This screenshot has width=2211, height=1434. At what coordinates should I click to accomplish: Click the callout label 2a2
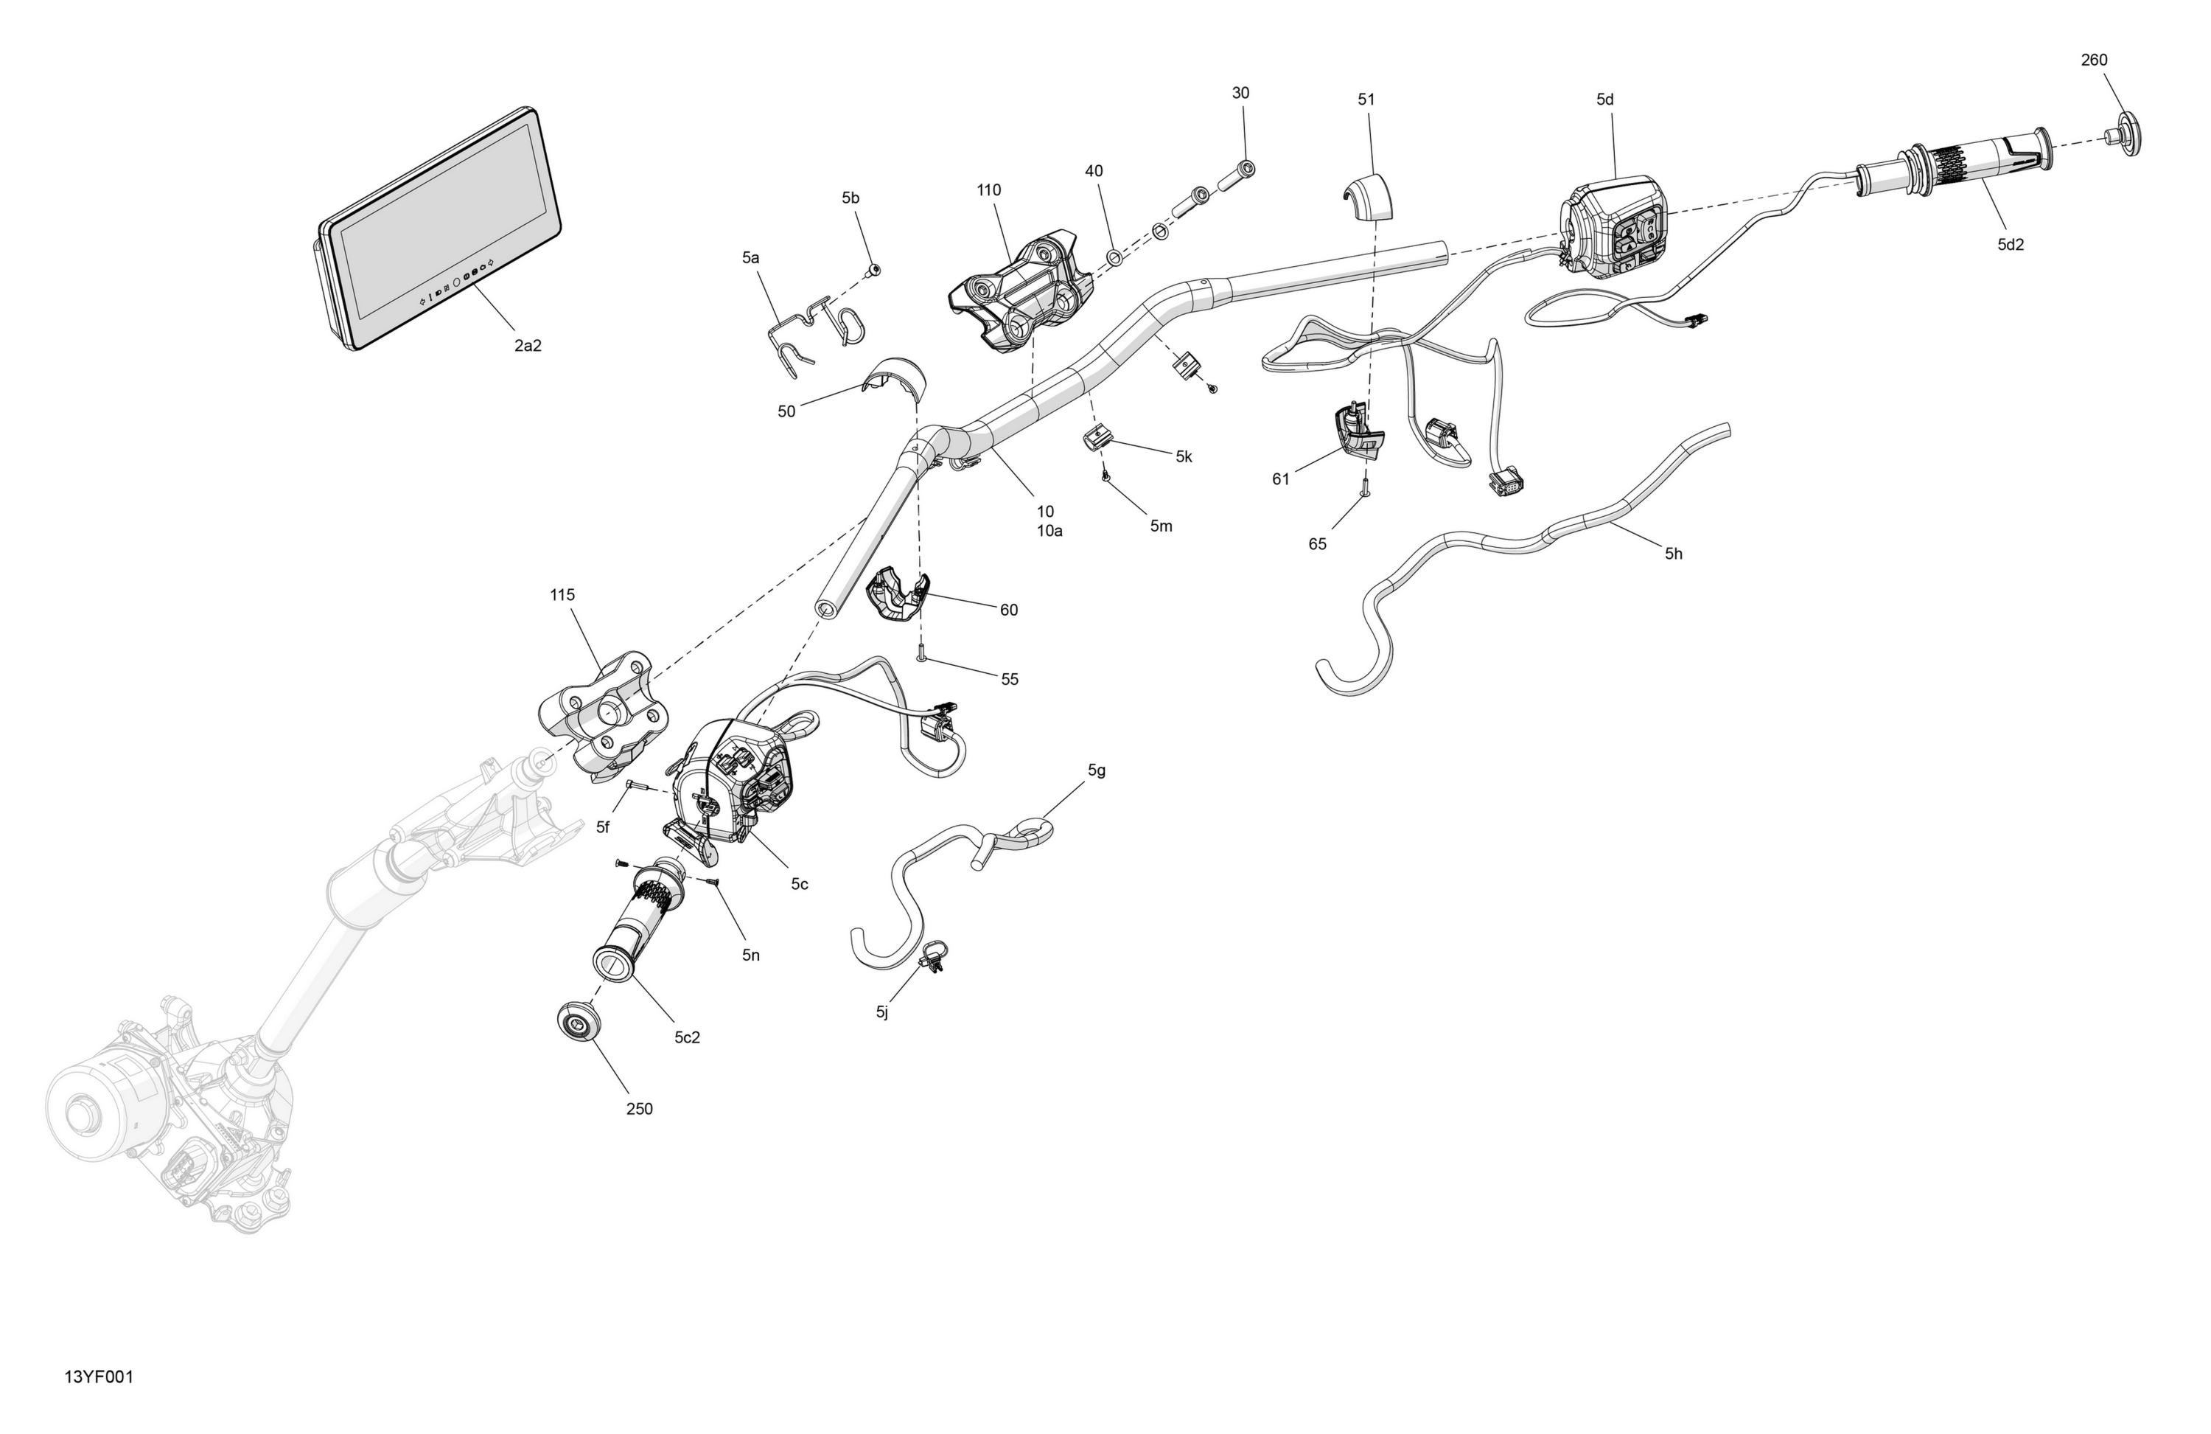528,346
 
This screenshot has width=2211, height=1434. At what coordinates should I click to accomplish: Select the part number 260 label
2094,60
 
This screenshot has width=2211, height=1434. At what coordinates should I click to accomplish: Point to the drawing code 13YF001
99,1377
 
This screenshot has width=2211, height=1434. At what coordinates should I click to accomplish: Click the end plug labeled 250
579,1024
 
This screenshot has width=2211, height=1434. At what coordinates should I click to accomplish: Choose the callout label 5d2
2011,246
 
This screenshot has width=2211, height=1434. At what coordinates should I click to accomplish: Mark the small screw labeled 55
921,652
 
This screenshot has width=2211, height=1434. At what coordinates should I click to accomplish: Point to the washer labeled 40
1113,257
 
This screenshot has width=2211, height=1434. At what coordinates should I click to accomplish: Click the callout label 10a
1049,532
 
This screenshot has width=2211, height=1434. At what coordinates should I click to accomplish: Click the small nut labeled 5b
873,271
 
